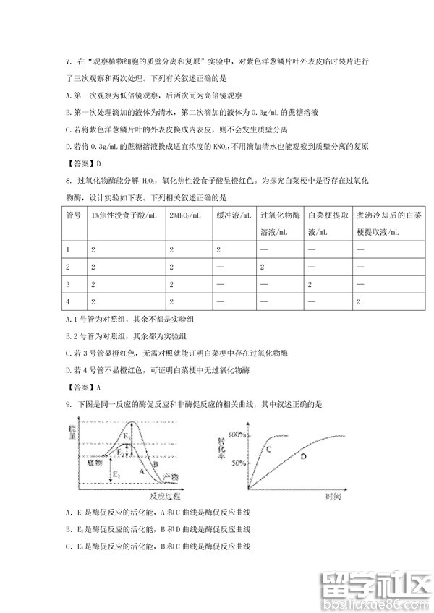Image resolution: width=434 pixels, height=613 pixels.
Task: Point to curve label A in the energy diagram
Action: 140,468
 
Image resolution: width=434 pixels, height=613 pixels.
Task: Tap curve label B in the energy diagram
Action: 155,465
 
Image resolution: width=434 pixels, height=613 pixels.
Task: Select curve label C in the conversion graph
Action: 268,449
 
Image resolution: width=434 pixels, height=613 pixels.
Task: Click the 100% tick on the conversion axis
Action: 236,435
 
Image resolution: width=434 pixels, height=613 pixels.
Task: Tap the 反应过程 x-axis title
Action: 164,497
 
